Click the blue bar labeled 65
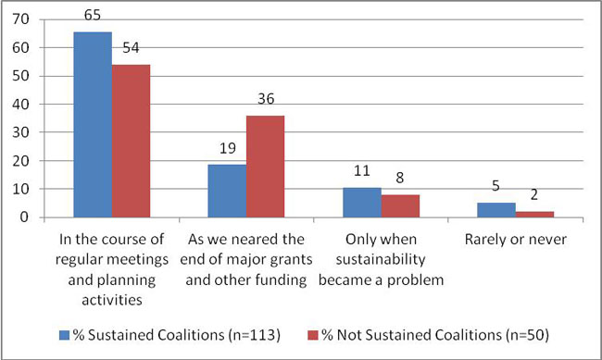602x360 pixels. click(93, 125)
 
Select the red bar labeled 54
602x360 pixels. click(131, 141)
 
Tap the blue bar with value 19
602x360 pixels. click(226, 191)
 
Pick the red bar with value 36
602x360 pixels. click(264, 167)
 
